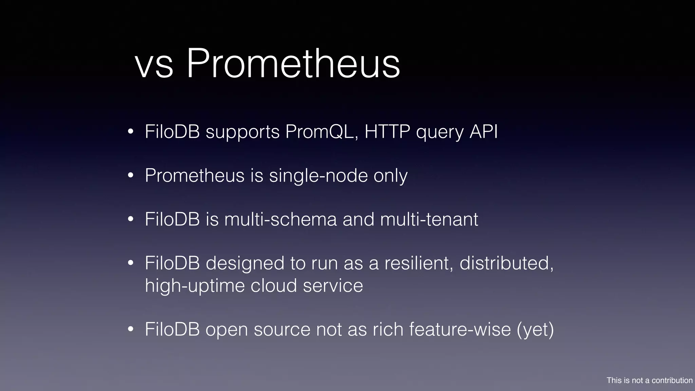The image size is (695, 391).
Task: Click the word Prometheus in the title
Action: (293, 63)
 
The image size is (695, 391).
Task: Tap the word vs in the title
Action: (154, 66)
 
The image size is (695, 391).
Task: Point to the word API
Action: (484, 132)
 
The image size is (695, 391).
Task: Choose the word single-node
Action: (318, 176)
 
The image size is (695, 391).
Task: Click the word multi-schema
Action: (280, 219)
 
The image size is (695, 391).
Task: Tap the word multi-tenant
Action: (429, 219)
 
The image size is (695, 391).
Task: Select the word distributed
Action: (506, 263)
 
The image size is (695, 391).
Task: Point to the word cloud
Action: (274, 285)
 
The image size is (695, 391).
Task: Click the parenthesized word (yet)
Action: (535, 330)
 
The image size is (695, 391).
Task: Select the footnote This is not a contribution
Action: (649, 380)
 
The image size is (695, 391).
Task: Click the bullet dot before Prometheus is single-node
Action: (131, 176)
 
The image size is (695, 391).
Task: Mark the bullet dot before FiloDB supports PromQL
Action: (131, 132)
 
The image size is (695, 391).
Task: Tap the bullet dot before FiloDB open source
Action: (131, 329)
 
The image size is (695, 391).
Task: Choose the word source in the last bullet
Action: (282, 330)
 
